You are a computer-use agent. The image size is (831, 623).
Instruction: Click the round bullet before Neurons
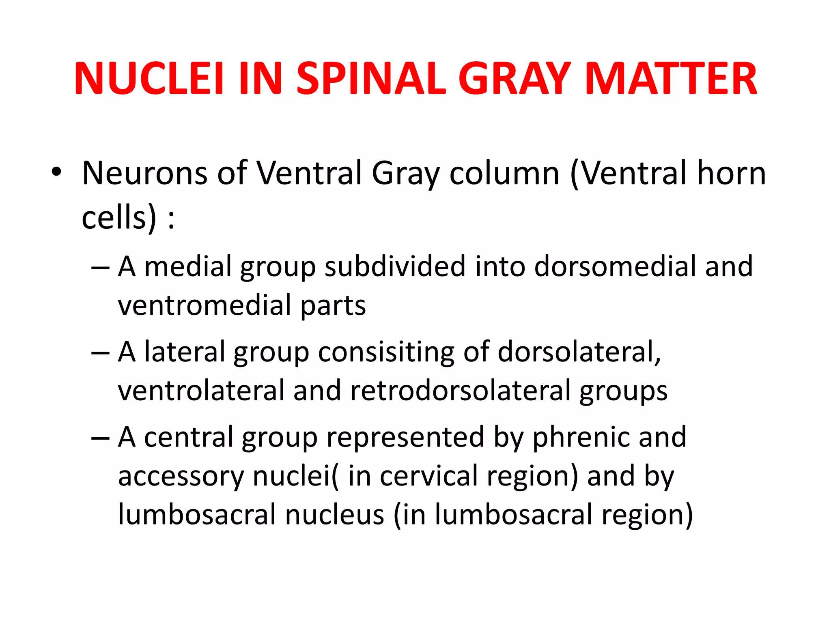pyautogui.click(x=56, y=172)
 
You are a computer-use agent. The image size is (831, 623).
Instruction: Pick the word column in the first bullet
pyautogui.click(x=504, y=173)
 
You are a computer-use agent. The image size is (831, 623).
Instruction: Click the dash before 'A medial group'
pyautogui.click(x=100, y=268)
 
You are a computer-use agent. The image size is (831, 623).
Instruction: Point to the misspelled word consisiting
pyautogui.click(x=386, y=352)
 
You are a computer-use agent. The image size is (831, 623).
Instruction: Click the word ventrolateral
pyautogui.click(x=201, y=390)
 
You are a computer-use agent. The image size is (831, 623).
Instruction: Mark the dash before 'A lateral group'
pyautogui.click(x=100, y=353)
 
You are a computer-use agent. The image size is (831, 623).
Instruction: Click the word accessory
pyautogui.click(x=181, y=476)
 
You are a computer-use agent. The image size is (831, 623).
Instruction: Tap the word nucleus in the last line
pyautogui.click(x=335, y=514)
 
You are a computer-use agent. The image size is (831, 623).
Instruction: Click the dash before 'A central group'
pyautogui.click(x=100, y=438)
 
